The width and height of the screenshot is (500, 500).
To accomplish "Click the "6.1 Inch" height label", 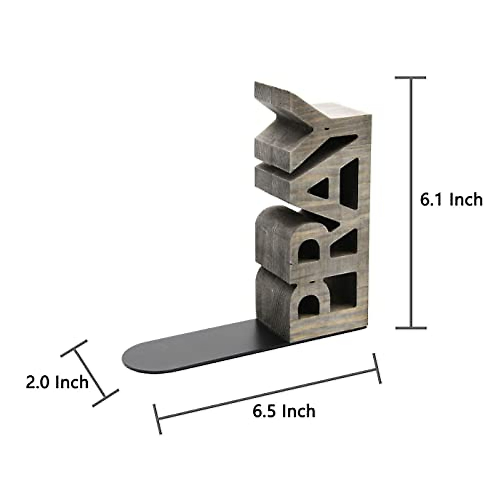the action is [x=451, y=200].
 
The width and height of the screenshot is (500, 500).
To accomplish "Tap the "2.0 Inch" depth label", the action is [x=57, y=382].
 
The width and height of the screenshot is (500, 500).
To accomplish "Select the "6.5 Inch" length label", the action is [x=284, y=411].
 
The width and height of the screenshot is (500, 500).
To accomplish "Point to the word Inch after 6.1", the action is [x=466, y=200].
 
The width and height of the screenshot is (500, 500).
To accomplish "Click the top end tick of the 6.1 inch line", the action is [x=410, y=77].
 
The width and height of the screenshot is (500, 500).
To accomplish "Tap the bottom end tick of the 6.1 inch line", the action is [x=411, y=328].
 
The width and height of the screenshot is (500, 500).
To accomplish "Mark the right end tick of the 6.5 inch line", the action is [x=377, y=368].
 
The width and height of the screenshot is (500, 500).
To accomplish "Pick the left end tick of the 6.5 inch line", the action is [x=157, y=419].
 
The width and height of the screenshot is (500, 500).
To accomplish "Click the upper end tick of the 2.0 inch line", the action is [x=74, y=348].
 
